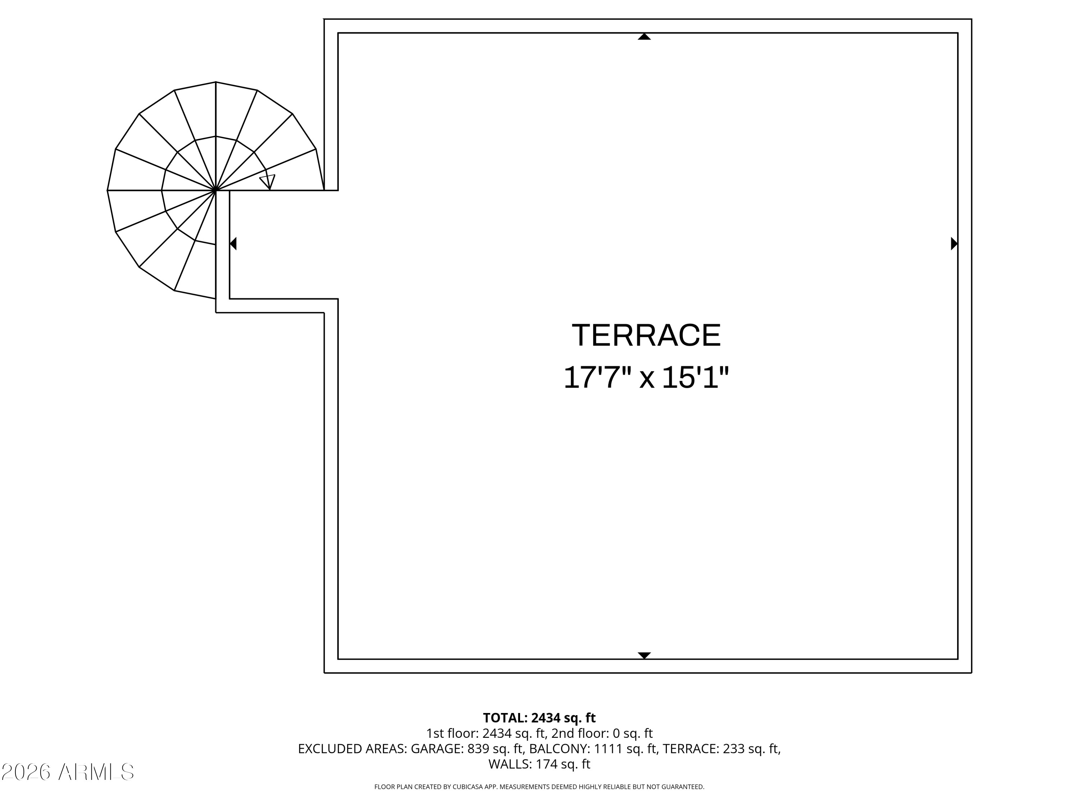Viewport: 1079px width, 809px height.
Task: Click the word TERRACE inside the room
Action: pyautogui.click(x=646, y=335)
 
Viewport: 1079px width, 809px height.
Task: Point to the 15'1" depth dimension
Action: pyautogui.click(x=695, y=378)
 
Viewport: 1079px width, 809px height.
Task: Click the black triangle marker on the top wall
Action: pyautogui.click(x=645, y=37)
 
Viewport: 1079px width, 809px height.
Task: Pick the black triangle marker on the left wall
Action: pyautogui.click(x=233, y=243)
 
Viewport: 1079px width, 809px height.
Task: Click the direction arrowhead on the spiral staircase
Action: pyautogui.click(x=268, y=182)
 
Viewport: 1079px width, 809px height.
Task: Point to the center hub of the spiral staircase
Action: pyautogui.click(x=215, y=190)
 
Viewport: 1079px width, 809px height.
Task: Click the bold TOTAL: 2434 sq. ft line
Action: pyautogui.click(x=539, y=718)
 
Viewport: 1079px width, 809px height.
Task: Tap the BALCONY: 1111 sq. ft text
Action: pyautogui.click(x=593, y=749)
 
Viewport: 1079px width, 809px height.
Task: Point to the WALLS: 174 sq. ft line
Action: pyautogui.click(x=539, y=764)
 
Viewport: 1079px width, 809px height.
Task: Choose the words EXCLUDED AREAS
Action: pyautogui.click(x=352, y=749)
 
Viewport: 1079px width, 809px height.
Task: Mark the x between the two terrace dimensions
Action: pyautogui.click(x=647, y=380)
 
